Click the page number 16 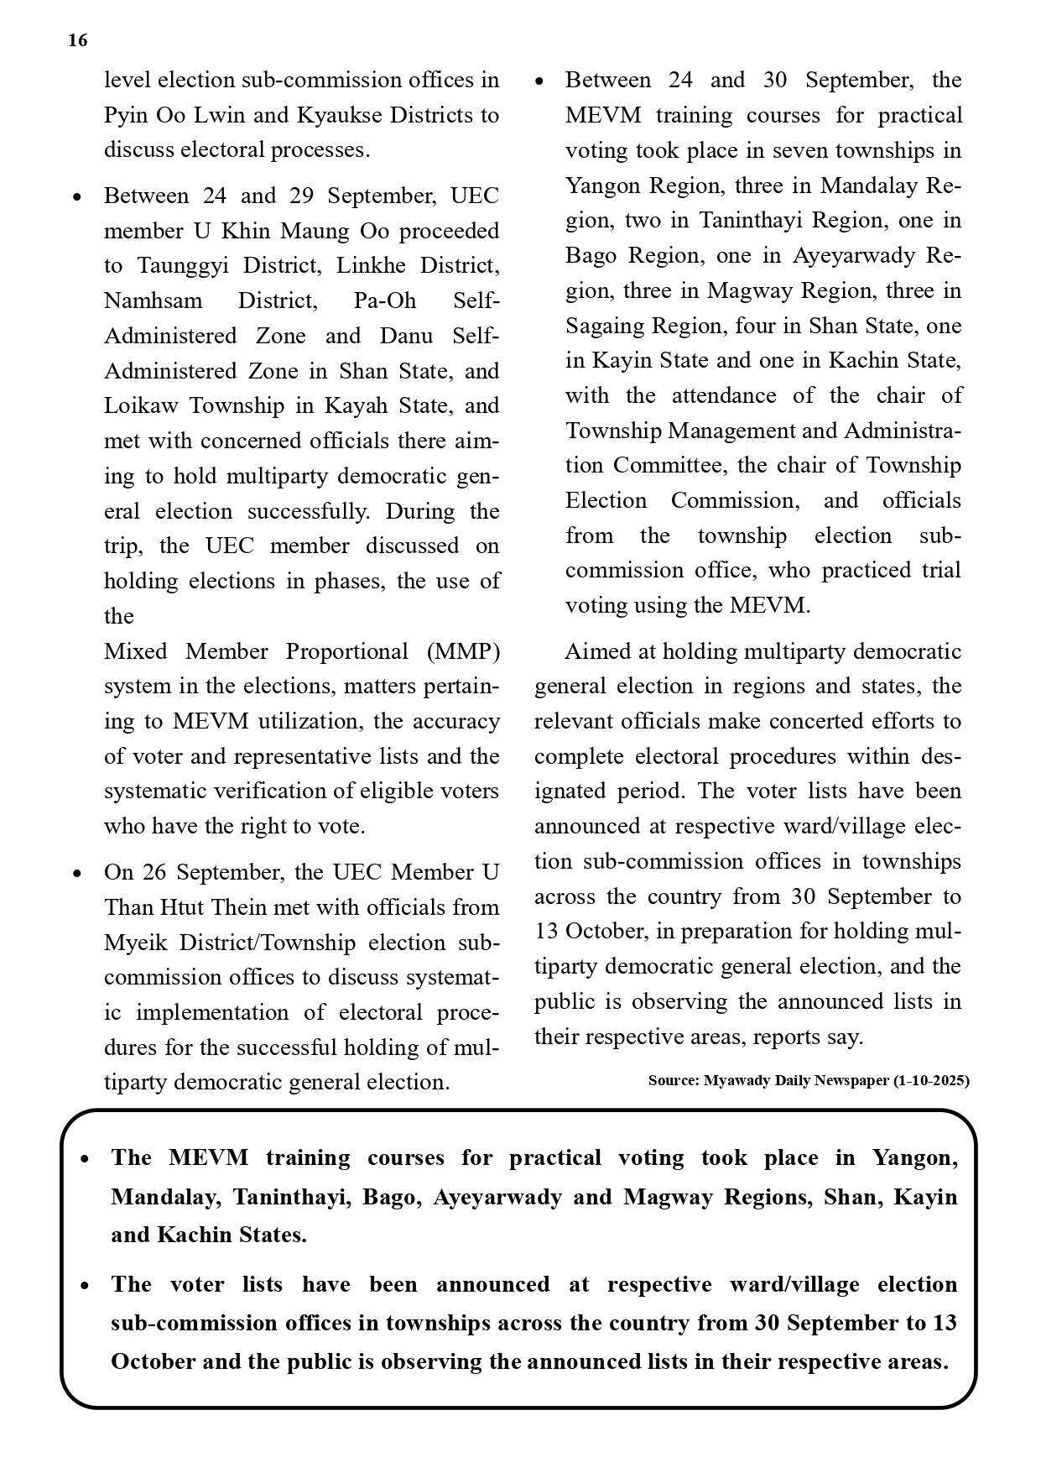pyautogui.click(x=77, y=40)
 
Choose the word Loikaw pyautogui.click(x=141, y=406)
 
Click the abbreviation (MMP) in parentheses pyautogui.click(x=462, y=651)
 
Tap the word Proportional pyautogui.click(x=347, y=651)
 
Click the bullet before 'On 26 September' pyautogui.click(x=77, y=874)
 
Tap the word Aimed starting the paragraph pyautogui.click(x=599, y=651)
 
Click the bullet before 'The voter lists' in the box pyautogui.click(x=84, y=1286)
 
